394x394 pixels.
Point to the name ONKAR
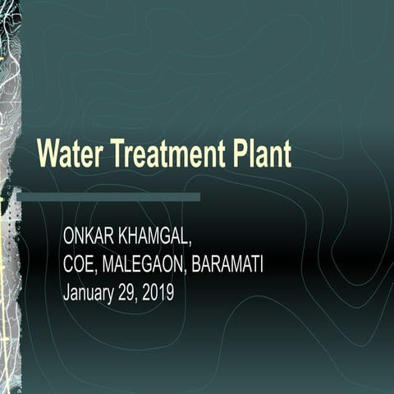tap(87, 237)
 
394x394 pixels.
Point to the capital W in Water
tap(48, 153)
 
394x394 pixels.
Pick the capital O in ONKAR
tap(69, 237)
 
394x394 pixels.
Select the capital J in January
tap(66, 293)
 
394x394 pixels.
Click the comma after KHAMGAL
tap(191, 243)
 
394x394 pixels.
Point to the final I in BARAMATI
tap(261, 265)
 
